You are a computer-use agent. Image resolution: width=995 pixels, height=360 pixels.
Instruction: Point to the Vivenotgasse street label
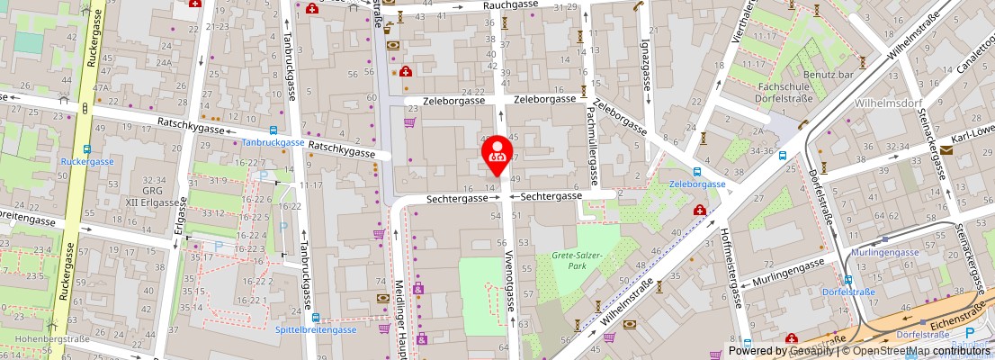click(x=510, y=280)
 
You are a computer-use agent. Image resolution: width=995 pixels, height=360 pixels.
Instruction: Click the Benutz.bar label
click(x=829, y=76)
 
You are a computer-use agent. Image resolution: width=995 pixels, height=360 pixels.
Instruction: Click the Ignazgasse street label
click(x=646, y=60)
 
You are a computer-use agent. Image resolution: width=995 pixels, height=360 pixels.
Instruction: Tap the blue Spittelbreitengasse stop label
click(x=316, y=329)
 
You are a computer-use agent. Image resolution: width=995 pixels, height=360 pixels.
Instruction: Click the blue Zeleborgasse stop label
click(x=697, y=184)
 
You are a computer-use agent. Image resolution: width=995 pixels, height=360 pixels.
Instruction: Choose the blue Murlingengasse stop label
click(x=886, y=253)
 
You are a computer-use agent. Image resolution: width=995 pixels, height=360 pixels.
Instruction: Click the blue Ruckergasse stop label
click(x=87, y=162)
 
